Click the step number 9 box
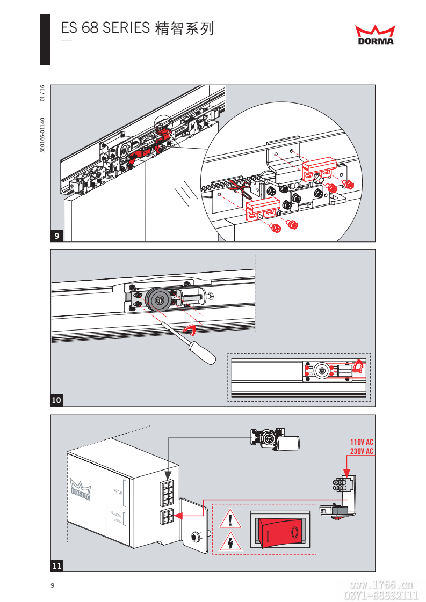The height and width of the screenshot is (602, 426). (57, 235)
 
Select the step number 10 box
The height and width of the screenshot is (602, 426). (57, 400)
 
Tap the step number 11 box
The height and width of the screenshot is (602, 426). (57, 565)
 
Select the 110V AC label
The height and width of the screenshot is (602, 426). (362, 443)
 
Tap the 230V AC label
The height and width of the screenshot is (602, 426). (362, 452)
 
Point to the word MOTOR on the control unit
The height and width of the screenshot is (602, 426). (118, 491)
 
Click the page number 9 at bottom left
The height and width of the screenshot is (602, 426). (52, 585)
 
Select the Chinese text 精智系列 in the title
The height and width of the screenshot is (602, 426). (184, 28)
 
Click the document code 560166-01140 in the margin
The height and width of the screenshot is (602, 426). (42, 135)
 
